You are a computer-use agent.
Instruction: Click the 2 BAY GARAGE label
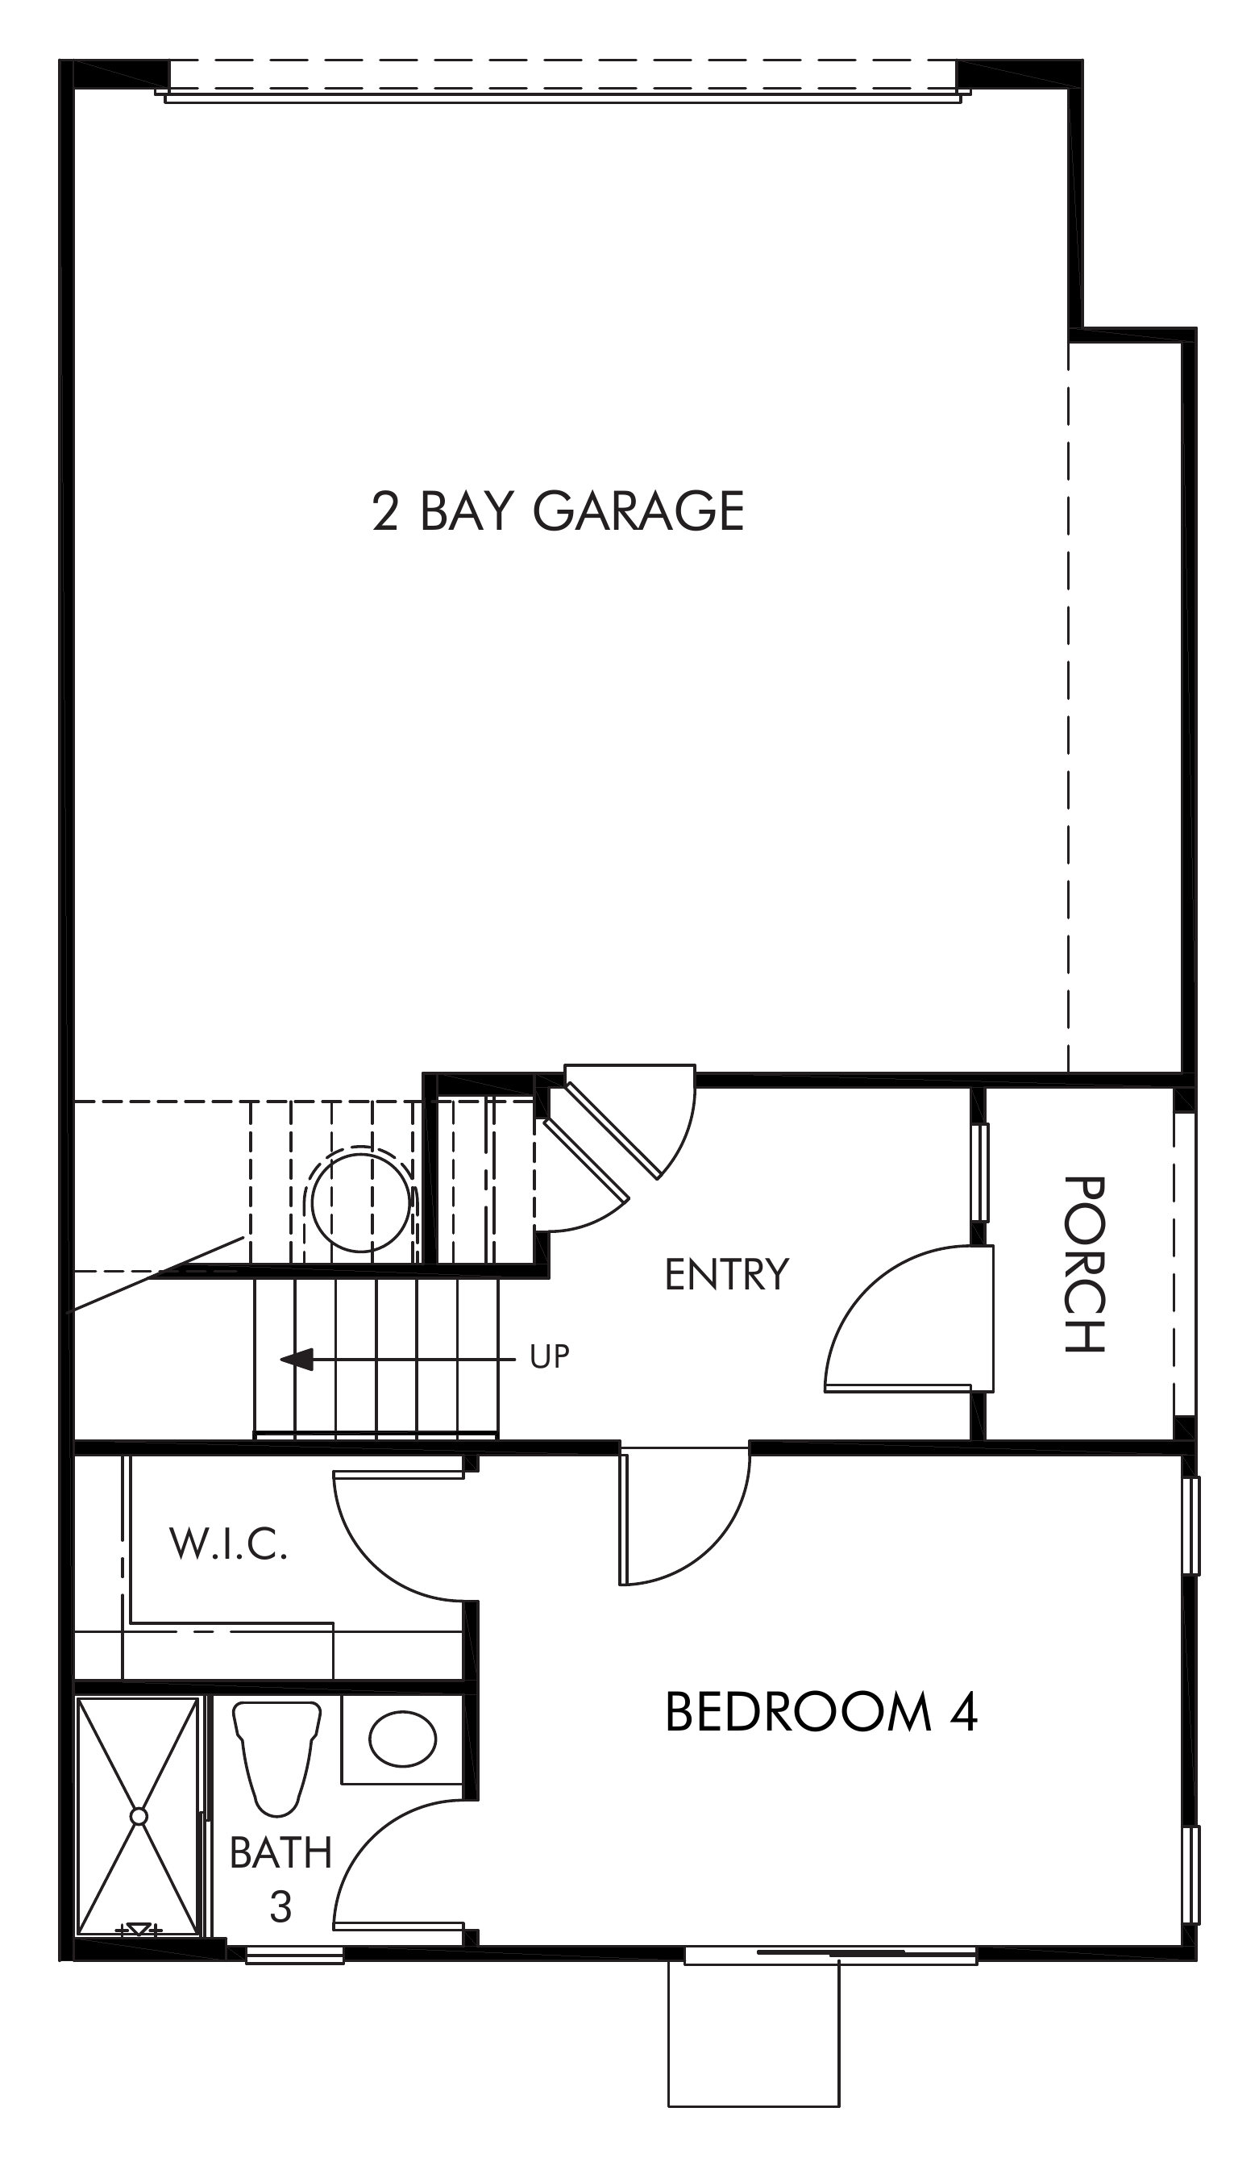pyautogui.click(x=558, y=511)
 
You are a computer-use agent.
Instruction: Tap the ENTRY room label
pyautogui.click(x=726, y=1274)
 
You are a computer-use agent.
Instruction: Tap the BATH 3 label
pyautogui.click(x=280, y=1879)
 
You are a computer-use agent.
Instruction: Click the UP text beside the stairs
pyautogui.click(x=549, y=1356)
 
